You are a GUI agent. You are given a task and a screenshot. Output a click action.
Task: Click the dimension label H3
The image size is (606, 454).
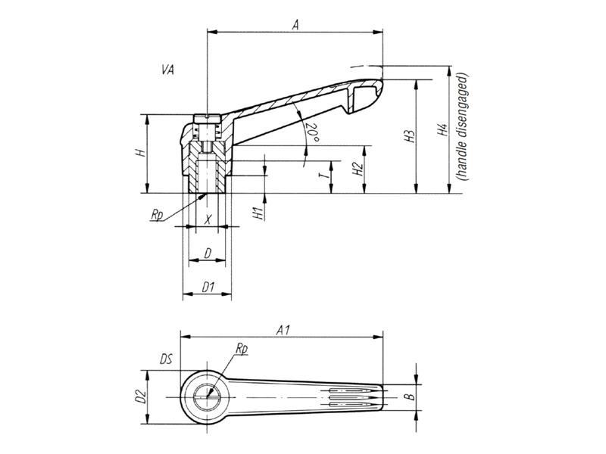410,137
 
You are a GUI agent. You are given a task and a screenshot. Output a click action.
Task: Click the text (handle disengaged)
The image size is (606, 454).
463,126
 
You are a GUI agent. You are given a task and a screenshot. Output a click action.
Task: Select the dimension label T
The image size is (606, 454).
323,176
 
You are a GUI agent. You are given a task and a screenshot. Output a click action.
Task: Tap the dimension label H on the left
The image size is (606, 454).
139,154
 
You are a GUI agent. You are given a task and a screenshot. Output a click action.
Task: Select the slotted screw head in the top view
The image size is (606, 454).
206,394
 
